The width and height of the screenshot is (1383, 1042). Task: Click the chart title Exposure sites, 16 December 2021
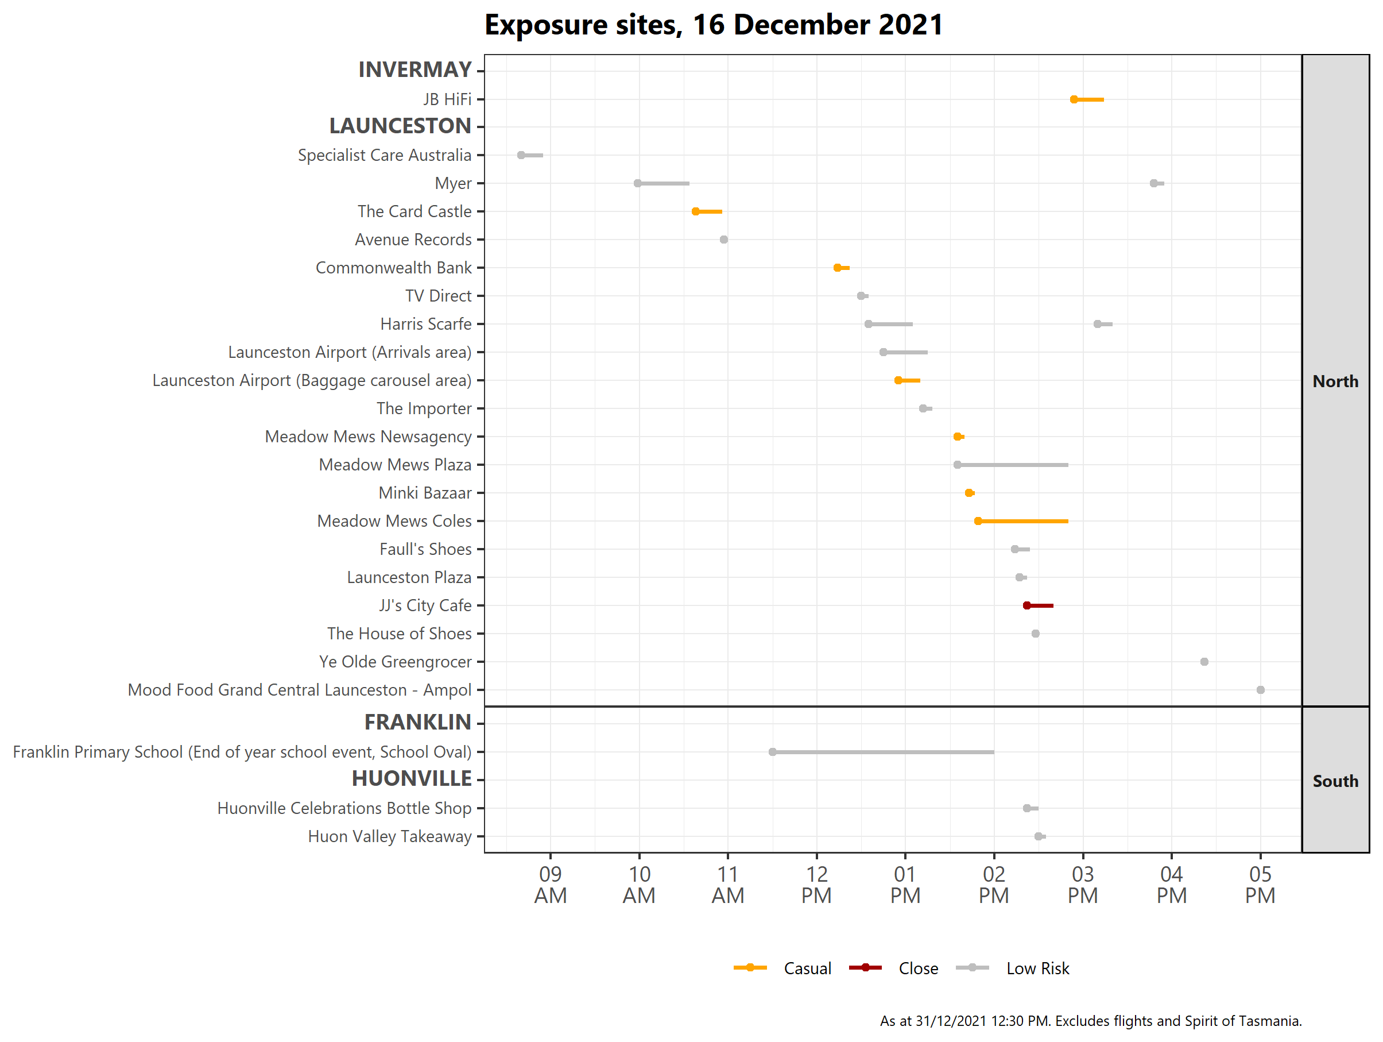[714, 25]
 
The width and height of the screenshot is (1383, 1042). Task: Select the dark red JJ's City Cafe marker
[1026, 605]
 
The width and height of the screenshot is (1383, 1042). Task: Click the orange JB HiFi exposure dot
[1074, 99]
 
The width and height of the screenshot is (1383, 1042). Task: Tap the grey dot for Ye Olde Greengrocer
[1204, 662]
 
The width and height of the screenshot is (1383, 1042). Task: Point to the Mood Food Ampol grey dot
[1261, 690]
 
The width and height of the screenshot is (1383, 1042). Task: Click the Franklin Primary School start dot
[773, 752]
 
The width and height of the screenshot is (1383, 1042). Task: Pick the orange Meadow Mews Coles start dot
[978, 521]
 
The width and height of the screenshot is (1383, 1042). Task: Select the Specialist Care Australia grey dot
[521, 155]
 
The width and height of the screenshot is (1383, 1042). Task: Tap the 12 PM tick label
[816, 885]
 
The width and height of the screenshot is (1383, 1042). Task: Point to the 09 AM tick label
[550, 885]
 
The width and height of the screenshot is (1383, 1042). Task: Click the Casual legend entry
[807, 968]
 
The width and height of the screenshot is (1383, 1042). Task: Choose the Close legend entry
[918, 968]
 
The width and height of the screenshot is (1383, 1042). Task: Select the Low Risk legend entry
[1037, 968]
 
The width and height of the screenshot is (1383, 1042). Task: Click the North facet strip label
[1335, 381]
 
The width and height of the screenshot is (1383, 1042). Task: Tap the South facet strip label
[1335, 781]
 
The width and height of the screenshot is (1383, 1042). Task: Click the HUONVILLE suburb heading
[412, 779]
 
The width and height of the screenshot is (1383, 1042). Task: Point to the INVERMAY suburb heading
[414, 70]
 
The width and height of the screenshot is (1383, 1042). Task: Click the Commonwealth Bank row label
[393, 268]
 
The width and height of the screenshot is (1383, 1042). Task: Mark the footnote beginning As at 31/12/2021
[1090, 1021]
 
